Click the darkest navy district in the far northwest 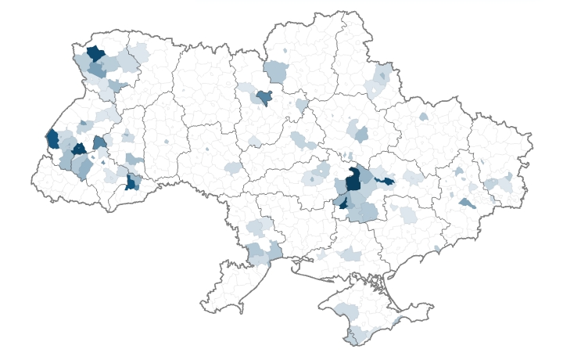click(x=95, y=53)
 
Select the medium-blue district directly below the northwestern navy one click(x=97, y=69)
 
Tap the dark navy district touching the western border click(x=52, y=139)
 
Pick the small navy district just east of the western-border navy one click(x=79, y=149)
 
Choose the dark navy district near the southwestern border click(x=131, y=182)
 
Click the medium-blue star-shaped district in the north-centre click(x=264, y=97)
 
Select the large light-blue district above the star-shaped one click(x=276, y=71)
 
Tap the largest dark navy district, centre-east click(x=353, y=179)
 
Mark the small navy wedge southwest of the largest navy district click(x=342, y=203)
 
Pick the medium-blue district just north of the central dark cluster click(x=360, y=132)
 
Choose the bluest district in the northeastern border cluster click(x=382, y=76)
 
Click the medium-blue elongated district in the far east click(x=467, y=203)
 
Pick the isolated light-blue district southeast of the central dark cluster click(x=407, y=213)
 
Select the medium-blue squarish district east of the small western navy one click(x=99, y=142)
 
